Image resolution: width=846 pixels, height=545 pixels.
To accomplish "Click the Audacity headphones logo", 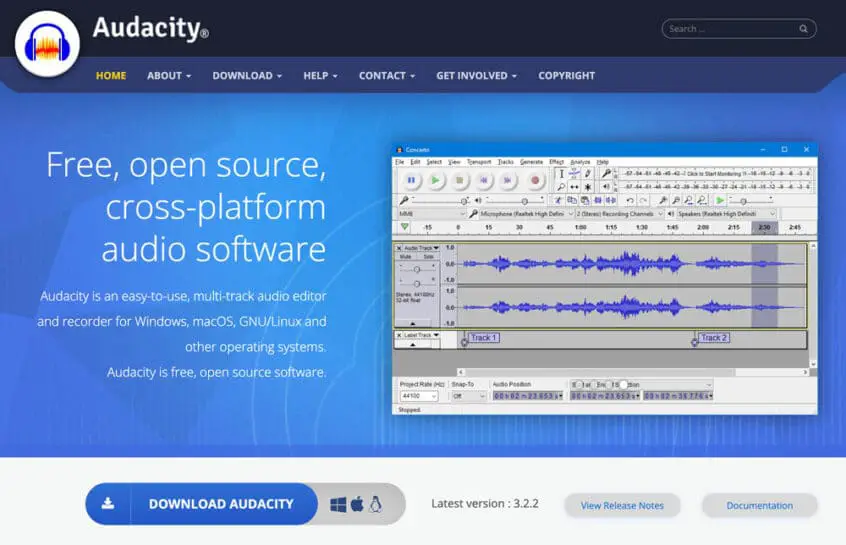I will pos(48,44).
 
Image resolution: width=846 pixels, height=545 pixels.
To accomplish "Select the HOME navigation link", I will pos(111,76).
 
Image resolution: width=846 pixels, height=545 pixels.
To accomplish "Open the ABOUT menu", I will pos(168,76).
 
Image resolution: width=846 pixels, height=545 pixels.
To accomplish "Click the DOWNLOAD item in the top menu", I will pos(247,76).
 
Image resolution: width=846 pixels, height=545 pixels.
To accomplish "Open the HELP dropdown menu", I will pos(320,76).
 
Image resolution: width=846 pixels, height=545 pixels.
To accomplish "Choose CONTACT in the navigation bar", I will pos(387,76).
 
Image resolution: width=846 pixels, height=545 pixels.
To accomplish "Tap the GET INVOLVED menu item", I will pos(476,76).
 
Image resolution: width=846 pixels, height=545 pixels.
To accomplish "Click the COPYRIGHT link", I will pos(566,76).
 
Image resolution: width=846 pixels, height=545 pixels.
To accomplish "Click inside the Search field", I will pos(738,29).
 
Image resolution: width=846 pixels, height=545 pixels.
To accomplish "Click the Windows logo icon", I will pos(338,504).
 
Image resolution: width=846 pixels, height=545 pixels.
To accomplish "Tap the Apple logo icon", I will pos(357,504).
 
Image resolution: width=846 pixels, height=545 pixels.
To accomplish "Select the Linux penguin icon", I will pos(376,504).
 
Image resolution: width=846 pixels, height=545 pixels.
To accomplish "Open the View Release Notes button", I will pos(622,505).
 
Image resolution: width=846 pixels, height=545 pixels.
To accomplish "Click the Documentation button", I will pos(759,505).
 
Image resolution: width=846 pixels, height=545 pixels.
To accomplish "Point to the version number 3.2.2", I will pos(524,504).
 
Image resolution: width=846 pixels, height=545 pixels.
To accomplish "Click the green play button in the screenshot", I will pos(435,181).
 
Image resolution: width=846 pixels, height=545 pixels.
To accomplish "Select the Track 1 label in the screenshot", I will pos(483,338).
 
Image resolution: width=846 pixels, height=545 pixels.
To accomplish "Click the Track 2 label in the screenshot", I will pos(713,338).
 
